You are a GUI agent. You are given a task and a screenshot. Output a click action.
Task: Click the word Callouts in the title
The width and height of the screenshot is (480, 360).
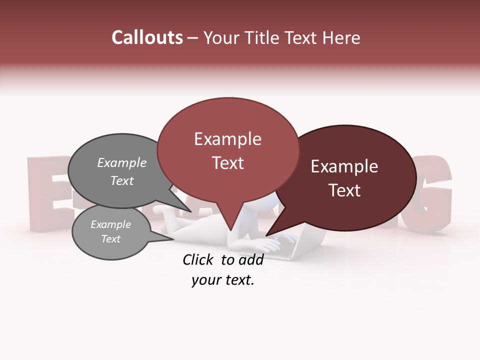(x=147, y=37)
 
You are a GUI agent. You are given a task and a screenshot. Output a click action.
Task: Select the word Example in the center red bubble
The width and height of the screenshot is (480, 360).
(x=227, y=139)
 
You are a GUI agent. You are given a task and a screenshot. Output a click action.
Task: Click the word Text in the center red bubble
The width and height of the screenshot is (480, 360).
(x=227, y=162)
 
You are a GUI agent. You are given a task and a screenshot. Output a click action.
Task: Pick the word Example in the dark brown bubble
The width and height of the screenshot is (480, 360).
(x=344, y=166)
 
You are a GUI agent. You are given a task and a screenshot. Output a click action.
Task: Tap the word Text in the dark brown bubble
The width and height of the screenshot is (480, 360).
(x=344, y=190)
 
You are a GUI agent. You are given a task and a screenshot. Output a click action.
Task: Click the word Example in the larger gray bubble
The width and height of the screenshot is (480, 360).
(x=122, y=162)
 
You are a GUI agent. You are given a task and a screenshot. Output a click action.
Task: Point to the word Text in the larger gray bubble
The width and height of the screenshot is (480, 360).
(x=122, y=180)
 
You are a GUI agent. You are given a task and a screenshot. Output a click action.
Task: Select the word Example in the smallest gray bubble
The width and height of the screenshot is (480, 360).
(x=110, y=224)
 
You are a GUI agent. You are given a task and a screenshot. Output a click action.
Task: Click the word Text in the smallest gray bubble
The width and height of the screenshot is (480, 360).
(x=110, y=239)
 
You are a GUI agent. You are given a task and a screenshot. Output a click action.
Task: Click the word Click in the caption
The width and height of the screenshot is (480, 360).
(x=200, y=259)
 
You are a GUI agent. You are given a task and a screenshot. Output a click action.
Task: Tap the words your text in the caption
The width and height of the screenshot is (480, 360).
(x=223, y=280)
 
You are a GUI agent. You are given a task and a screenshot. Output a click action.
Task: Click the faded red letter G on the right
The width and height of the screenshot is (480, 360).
(x=430, y=195)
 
